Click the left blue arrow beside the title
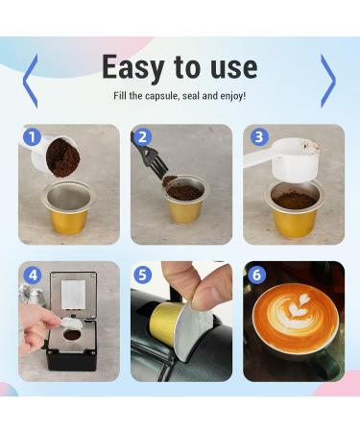(x=30, y=80)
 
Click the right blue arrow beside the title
(x=328, y=80)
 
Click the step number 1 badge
(x=31, y=137)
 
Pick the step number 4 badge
(x=31, y=275)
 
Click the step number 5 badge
(x=143, y=275)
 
